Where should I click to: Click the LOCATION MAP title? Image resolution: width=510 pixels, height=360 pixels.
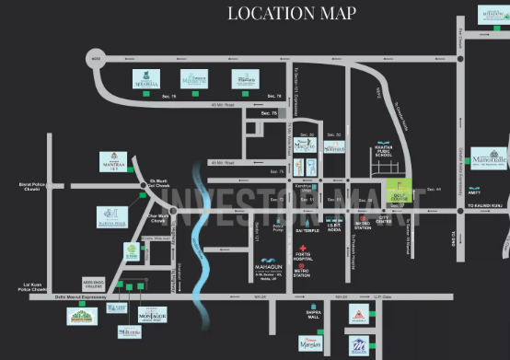291,14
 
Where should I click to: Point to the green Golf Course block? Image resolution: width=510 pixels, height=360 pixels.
399,190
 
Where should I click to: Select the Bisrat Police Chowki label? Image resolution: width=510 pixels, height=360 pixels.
31,185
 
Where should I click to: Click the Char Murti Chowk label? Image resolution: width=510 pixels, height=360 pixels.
157,218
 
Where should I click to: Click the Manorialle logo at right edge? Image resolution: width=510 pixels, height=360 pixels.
490,158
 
